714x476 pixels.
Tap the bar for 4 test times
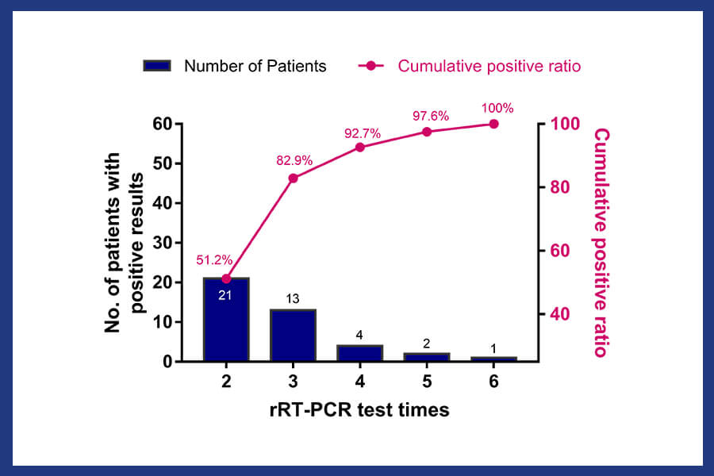tap(359, 353)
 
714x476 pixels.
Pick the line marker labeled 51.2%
tap(226, 278)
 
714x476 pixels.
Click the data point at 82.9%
tap(293, 178)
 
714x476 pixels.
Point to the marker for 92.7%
tap(359, 147)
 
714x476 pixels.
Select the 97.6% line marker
tap(427, 132)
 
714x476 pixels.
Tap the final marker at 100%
tap(493, 124)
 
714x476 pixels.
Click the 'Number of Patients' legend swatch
tap(157, 66)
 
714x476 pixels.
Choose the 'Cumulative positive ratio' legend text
tap(489, 66)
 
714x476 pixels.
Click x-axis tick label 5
tap(427, 381)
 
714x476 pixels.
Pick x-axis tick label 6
tap(493, 381)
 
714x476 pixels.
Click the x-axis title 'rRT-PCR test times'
tap(359, 410)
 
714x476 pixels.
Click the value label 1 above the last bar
tap(493, 348)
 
